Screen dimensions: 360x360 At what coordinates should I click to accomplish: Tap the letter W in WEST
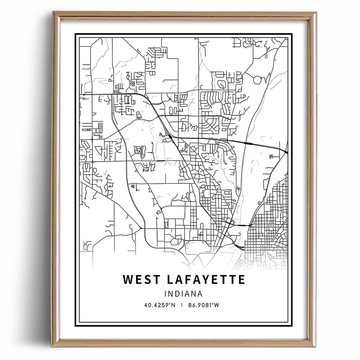pyautogui.click(x=128, y=280)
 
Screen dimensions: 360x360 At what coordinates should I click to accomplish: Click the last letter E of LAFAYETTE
pyautogui.click(x=242, y=280)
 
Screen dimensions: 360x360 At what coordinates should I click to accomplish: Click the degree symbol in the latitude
pyautogui.click(x=170, y=304)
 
